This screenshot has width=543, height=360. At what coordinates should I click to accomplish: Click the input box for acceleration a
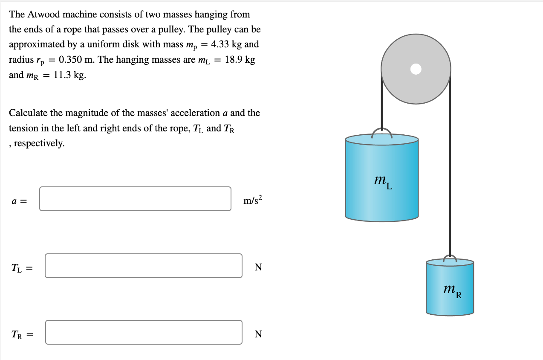(135, 199)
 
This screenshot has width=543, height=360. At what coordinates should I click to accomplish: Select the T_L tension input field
(143, 266)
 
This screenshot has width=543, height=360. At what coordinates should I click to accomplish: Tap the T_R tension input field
(143, 332)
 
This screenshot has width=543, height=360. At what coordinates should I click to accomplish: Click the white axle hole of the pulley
(416, 69)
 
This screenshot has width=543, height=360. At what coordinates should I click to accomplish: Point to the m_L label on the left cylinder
(382, 182)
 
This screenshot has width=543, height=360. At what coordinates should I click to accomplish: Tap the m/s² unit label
(253, 200)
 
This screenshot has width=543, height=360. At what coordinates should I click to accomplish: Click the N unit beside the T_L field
(258, 267)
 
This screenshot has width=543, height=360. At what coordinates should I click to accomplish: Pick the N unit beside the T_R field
(258, 334)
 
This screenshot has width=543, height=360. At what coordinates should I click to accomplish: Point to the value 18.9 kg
(240, 60)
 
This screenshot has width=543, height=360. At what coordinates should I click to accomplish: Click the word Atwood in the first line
(44, 14)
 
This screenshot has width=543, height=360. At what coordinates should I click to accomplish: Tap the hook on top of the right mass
(450, 258)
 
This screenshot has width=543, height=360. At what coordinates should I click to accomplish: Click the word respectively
(39, 143)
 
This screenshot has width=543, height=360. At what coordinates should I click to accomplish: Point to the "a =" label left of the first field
(19, 200)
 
